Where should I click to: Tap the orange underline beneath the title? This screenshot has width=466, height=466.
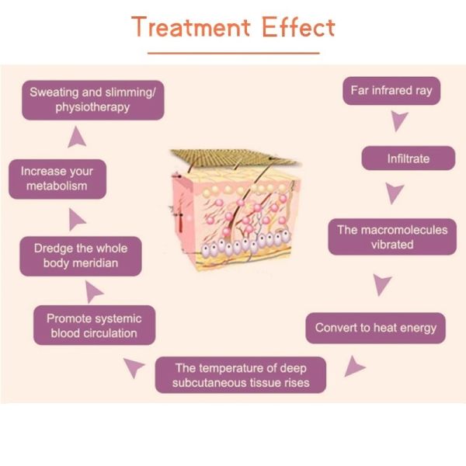point(233,53)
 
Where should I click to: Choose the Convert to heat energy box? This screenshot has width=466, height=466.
point(376,328)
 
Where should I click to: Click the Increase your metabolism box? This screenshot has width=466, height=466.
point(57,179)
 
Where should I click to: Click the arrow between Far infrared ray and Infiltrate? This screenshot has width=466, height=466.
point(399,122)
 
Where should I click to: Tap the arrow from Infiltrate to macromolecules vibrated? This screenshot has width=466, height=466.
point(395,193)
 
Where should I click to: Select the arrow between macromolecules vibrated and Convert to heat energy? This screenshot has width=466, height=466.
point(381,284)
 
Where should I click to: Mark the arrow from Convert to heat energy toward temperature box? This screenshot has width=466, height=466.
point(354,365)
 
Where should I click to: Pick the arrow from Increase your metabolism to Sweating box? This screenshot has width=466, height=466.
point(76,137)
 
